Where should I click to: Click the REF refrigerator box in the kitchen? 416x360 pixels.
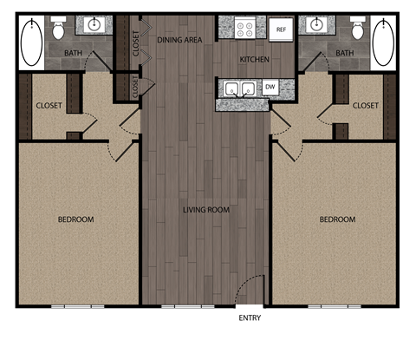(280, 29)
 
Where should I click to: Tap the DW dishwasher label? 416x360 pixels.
(270, 87)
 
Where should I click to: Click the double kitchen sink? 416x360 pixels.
(238, 88)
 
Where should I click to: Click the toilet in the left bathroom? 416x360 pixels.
(59, 31)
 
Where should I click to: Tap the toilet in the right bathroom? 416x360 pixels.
(357, 31)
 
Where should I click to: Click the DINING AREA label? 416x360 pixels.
(179, 40)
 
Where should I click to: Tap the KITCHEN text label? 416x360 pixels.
(253, 60)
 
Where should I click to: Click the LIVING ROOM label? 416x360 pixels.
(205, 209)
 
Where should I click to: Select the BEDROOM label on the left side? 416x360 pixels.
(76, 219)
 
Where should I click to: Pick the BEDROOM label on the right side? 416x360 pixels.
(337, 219)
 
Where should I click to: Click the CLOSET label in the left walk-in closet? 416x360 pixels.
(49, 106)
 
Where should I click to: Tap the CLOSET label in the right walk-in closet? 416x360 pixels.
(366, 106)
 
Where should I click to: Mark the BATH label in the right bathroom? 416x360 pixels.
(345, 54)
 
